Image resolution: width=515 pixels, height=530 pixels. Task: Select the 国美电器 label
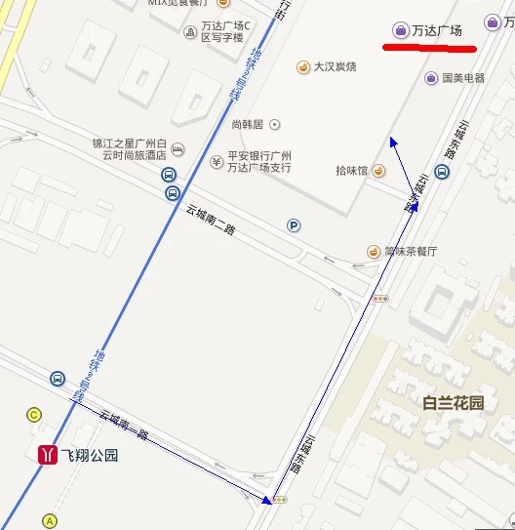(x=463, y=78)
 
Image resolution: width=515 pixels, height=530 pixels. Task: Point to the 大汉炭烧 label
(x=335, y=66)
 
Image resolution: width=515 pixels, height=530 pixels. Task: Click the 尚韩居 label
(x=249, y=124)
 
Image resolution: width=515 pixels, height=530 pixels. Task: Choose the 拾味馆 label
(x=351, y=171)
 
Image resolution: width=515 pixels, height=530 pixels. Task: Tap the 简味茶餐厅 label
(x=411, y=251)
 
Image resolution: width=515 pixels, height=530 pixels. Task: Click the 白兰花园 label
(x=454, y=401)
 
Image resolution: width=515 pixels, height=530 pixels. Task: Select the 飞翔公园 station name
(x=90, y=455)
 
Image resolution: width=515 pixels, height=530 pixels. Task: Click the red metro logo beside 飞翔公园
(x=46, y=454)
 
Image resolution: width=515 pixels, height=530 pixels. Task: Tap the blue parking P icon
(x=294, y=225)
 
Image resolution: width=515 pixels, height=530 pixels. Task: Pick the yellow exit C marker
(x=34, y=415)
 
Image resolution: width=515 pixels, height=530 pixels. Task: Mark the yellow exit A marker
(x=51, y=520)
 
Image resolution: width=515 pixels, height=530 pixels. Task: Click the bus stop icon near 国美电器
(x=442, y=173)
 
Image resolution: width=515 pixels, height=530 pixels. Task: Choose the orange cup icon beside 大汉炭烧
(x=303, y=66)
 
